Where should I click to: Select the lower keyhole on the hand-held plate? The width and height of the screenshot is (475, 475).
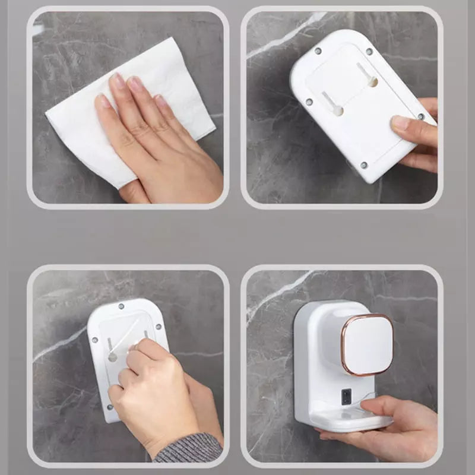pyautogui.click(x=337, y=110)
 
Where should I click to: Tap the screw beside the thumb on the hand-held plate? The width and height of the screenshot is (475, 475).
pyautogui.click(x=420, y=116)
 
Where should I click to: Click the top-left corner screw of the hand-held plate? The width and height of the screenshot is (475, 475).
pyautogui.click(x=318, y=52)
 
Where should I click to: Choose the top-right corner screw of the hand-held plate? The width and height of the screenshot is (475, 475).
pyautogui.click(x=369, y=52)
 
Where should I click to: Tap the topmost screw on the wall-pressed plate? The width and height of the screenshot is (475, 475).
pyautogui.click(x=121, y=306)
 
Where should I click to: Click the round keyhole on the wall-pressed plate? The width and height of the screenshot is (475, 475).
pyautogui.click(x=112, y=357)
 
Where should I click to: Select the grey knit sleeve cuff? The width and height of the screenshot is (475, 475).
pyautogui.click(x=189, y=448)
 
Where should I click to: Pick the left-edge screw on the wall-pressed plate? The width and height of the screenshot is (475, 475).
pyautogui.click(x=94, y=340)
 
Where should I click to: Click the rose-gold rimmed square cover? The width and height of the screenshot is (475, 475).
pyautogui.click(x=366, y=344)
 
